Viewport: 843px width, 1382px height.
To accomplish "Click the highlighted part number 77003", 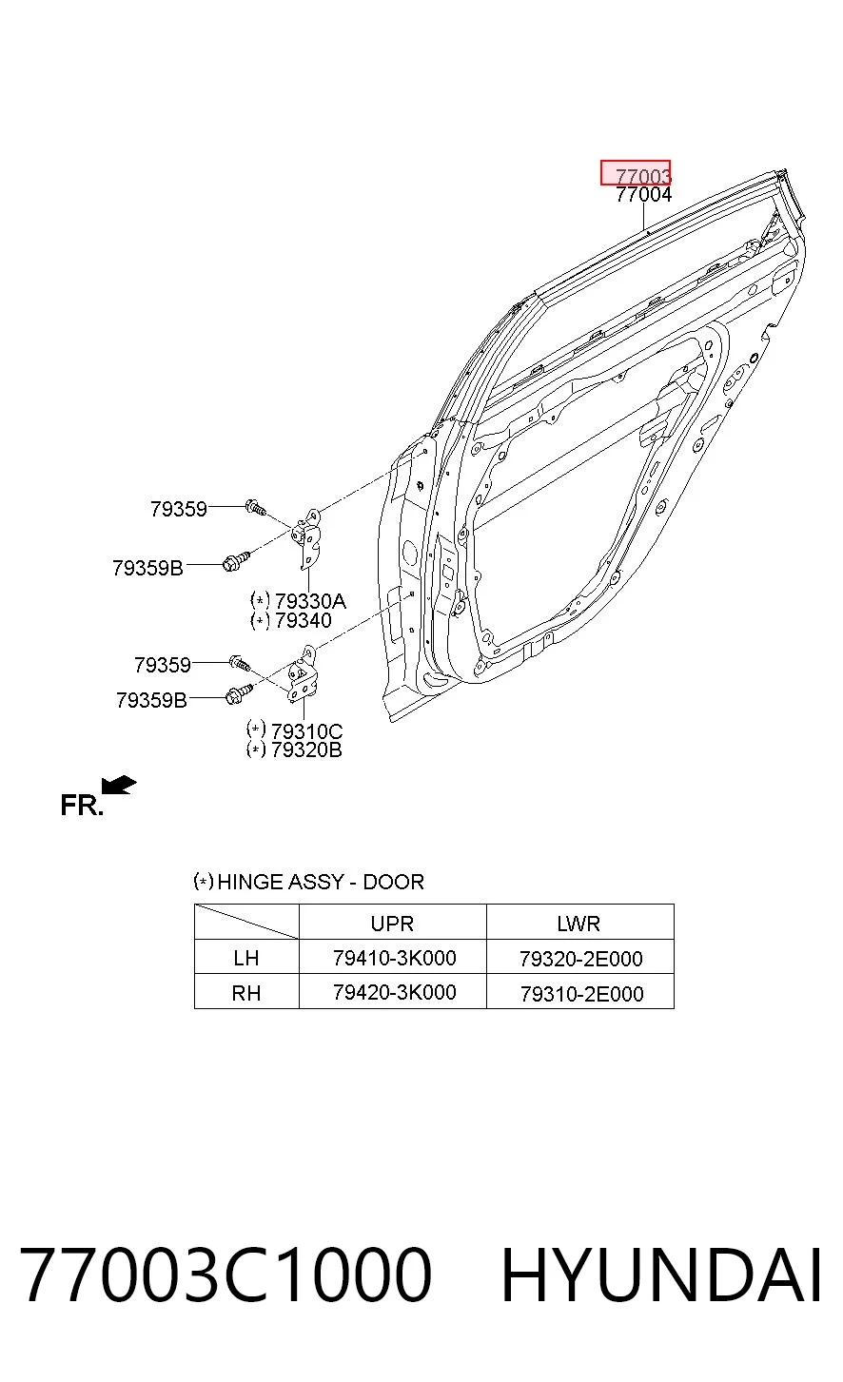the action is pos(643,177).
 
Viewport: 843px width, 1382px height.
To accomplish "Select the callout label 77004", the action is pos(643,194).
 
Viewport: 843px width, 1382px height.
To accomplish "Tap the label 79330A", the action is pos(310,601).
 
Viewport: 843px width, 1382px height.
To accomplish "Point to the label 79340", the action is pos(303,620).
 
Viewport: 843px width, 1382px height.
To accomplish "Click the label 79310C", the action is pos(306,731).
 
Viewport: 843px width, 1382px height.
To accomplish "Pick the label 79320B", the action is pos(306,749).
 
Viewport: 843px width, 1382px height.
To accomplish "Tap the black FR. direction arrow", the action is pos(119,786).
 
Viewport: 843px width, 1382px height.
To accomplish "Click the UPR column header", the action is pos(392,924).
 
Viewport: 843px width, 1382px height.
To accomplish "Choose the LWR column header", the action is pos(578,924).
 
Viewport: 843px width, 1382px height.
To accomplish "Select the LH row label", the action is pos(245,958).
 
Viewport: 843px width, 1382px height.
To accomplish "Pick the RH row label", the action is pos(245,993).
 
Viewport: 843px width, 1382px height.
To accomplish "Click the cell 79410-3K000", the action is pos(394,958).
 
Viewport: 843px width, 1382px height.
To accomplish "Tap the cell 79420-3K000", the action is pos(394,993).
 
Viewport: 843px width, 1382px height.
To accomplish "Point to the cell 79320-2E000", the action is pos(580,959).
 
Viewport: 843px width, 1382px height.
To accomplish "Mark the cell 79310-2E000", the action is pos(581,994).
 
